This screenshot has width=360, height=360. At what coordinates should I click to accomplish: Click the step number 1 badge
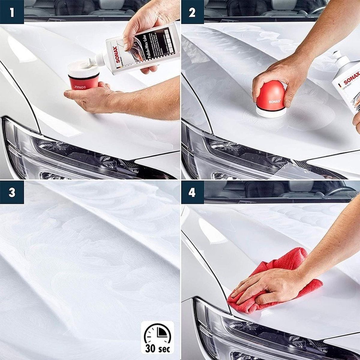point(12,12)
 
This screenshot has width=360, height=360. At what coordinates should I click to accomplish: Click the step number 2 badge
point(192,12)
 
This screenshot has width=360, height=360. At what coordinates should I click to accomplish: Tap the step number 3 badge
point(12,192)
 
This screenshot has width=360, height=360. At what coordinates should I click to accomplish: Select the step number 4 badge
point(192,192)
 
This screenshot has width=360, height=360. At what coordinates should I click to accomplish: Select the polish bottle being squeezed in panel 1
point(141,51)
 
